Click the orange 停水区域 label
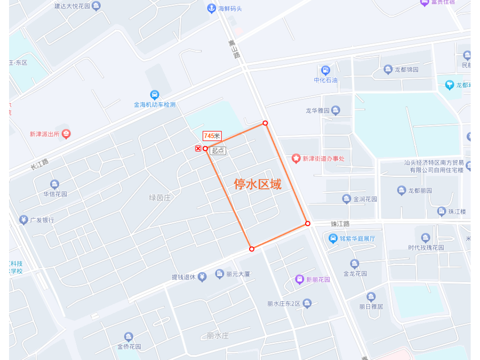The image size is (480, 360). [x=258, y=185]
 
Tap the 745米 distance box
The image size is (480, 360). [x=212, y=136]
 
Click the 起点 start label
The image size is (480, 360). [x=218, y=151]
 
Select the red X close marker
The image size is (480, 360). [x=198, y=148]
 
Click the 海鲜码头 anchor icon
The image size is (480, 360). [x=212, y=9]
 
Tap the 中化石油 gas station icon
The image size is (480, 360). [x=325, y=70]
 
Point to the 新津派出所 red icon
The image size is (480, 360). [x=66, y=134]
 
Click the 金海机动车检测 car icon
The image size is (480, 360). [x=155, y=95]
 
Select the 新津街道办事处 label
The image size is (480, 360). [x=324, y=158]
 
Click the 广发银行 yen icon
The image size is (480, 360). [x=23, y=220]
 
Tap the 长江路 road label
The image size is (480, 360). [x=39, y=164]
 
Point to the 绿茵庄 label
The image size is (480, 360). [x=159, y=197]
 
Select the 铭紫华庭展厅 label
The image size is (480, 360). [x=357, y=238]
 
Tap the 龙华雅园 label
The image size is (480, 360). [x=317, y=111]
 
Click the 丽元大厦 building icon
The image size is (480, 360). [x=219, y=274]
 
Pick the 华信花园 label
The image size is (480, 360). [x=55, y=194]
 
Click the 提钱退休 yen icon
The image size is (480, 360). [x=202, y=277]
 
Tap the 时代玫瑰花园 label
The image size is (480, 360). [x=426, y=247]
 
